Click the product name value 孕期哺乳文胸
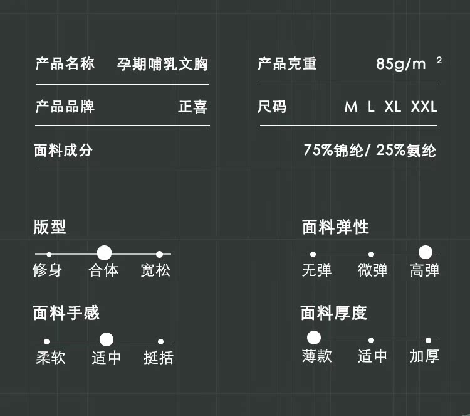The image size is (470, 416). coord(163,64)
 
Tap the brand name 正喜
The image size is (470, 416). coord(192,107)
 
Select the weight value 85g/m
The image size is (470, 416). coord(400,64)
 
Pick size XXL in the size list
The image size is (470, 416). coord(424,107)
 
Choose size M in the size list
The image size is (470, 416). coord(351,107)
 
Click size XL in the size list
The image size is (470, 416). coord(393,107)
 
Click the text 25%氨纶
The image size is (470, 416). coord(406,151)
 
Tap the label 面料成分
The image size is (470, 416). coord(63,151)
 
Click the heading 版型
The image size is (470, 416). coord(50,227)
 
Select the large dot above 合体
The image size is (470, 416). coord(105,253)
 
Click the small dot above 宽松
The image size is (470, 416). coord(159,254)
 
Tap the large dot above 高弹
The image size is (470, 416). coord(426,253)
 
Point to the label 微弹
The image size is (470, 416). coord(372,270)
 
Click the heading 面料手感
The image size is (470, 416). coord(66,312)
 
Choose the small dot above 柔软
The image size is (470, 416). coord(46,341)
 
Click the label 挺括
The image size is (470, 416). coord(158,358)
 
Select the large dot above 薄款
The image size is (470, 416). coord(314,338)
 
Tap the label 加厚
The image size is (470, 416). coord(425,356)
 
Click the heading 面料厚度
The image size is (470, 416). coord(333,312)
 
